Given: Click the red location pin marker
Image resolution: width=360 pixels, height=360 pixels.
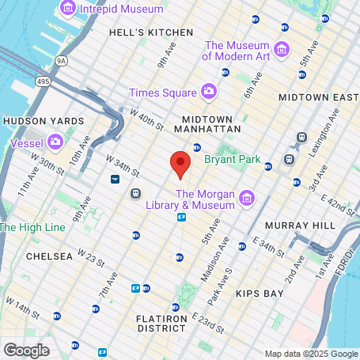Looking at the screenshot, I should click(x=180, y=164).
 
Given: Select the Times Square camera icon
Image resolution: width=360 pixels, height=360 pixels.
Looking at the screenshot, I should click(x=209, y=93).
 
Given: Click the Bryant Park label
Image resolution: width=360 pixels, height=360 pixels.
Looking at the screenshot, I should click(x=232, y=159).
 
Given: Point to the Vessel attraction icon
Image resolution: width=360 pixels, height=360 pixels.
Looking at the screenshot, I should click(x=55, y=142).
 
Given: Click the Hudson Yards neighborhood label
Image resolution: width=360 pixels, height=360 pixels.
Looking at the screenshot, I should click(x=43, y=120).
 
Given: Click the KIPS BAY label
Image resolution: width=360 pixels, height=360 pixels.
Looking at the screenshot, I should click(x=259, y=294).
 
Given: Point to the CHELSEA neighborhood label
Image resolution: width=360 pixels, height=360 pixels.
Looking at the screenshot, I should click(x=49, y=256).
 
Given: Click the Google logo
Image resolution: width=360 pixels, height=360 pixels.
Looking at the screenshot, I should click(x=26, y=350).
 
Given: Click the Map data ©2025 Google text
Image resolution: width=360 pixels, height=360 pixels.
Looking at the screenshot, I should click(x=310, y=353).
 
